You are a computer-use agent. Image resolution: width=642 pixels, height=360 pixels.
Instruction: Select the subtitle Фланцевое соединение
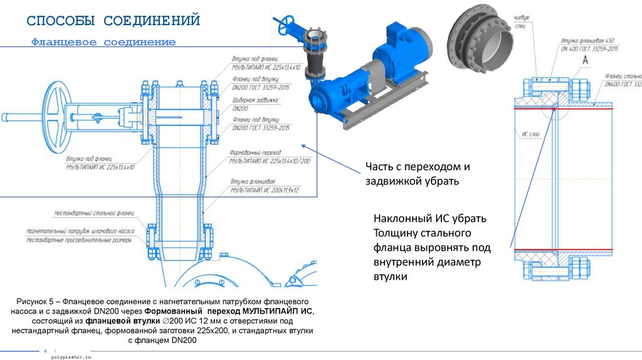[x=104, y=42]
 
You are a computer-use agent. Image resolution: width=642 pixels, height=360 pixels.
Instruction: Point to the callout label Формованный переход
[x=256, y=152]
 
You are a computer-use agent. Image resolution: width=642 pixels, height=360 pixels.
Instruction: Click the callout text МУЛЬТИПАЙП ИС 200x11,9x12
[x=264, y=189]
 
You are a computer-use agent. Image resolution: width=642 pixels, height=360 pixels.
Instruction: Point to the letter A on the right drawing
[x=584, y=60]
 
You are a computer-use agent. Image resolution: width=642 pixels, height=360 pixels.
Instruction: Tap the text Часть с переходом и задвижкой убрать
[x=418, y=174]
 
